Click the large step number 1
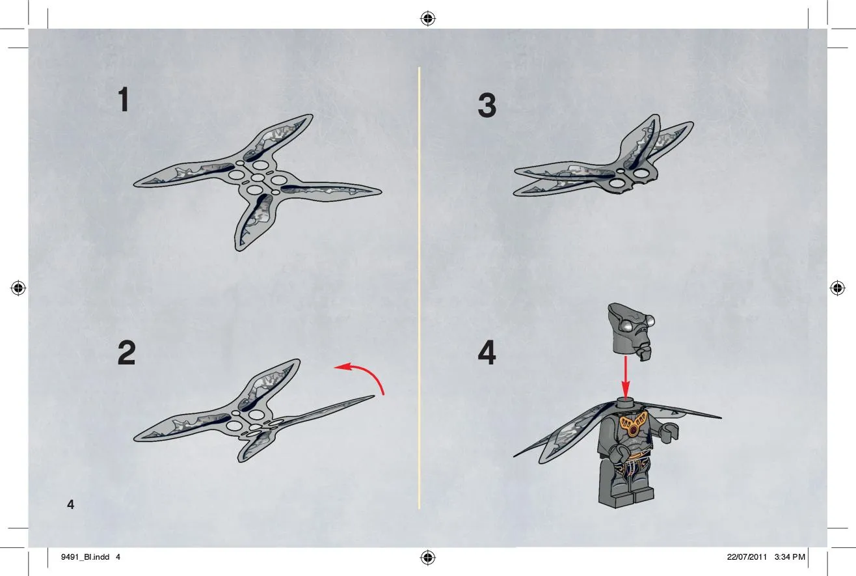[x=124, y=100]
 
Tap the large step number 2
[x=126, y=352]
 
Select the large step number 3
[x=487, y=105]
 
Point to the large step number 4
[x=487, y=352]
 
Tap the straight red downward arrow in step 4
[x=626, y=378]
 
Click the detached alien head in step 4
[x=630, y=331]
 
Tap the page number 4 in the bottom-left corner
[x=71, y=504]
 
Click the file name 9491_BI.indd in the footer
[x=85, y=557]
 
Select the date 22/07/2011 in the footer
[x=747, y=557]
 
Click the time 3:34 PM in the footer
[x=790, y=557]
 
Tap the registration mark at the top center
[x=428, y=18]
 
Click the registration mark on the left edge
[x=18, y=288]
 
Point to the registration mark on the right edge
[x=838, y=288]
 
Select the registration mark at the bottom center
[x=428, y=558]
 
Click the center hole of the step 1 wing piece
[x=258, y=178]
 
